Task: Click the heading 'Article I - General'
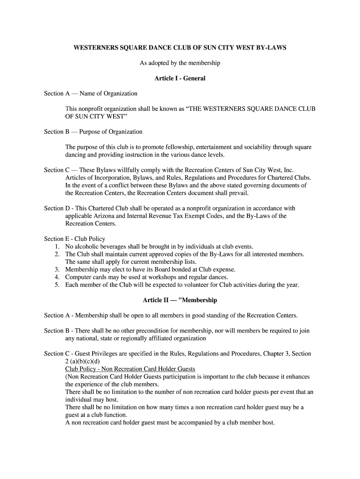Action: (180, 78)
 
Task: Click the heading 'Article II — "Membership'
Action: (180, 300)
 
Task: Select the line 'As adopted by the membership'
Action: (180, 63)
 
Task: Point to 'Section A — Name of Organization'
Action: (91, 94)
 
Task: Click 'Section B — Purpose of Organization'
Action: (93, 132)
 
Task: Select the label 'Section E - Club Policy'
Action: (75, 239)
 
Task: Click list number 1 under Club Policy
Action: (57, 247)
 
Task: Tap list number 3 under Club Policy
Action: (57, 269)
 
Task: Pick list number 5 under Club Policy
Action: (57, 285)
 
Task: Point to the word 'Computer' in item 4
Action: (78, 277)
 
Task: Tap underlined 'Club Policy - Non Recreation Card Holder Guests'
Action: (130, 369)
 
